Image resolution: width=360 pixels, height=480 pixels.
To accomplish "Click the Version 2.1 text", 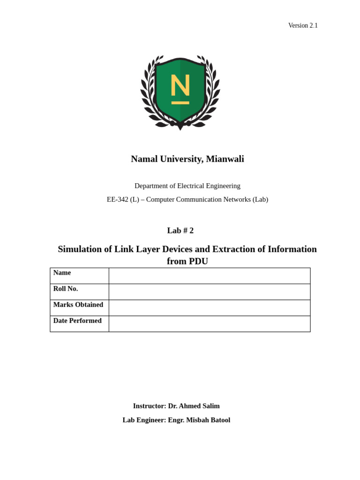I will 303,25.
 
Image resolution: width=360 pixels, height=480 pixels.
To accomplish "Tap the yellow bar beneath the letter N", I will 180,103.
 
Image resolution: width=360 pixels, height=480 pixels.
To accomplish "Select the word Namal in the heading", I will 144,159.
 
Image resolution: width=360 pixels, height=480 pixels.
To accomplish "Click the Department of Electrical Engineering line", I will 187,186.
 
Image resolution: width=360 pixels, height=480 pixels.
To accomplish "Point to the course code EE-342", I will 117,199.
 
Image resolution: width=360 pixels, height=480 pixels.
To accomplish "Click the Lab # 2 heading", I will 180,231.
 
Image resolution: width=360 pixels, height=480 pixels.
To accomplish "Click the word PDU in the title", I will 198,261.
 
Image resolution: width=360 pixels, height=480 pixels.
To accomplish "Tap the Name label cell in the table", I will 79,276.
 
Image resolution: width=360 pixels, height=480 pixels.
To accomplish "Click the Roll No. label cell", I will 79,292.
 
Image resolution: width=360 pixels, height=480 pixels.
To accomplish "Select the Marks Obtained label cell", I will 79,307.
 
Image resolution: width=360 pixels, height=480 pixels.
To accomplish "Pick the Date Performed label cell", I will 79,323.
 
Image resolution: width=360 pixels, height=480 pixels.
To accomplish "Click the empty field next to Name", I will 209,276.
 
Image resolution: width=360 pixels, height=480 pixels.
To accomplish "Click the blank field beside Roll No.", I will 209,292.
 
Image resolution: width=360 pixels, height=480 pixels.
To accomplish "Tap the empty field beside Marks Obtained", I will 209,307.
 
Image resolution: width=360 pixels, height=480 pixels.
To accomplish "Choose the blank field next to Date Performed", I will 209,323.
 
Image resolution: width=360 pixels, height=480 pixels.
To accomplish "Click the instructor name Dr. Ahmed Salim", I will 194,406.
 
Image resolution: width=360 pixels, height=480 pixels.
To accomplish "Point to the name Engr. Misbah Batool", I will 199,420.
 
